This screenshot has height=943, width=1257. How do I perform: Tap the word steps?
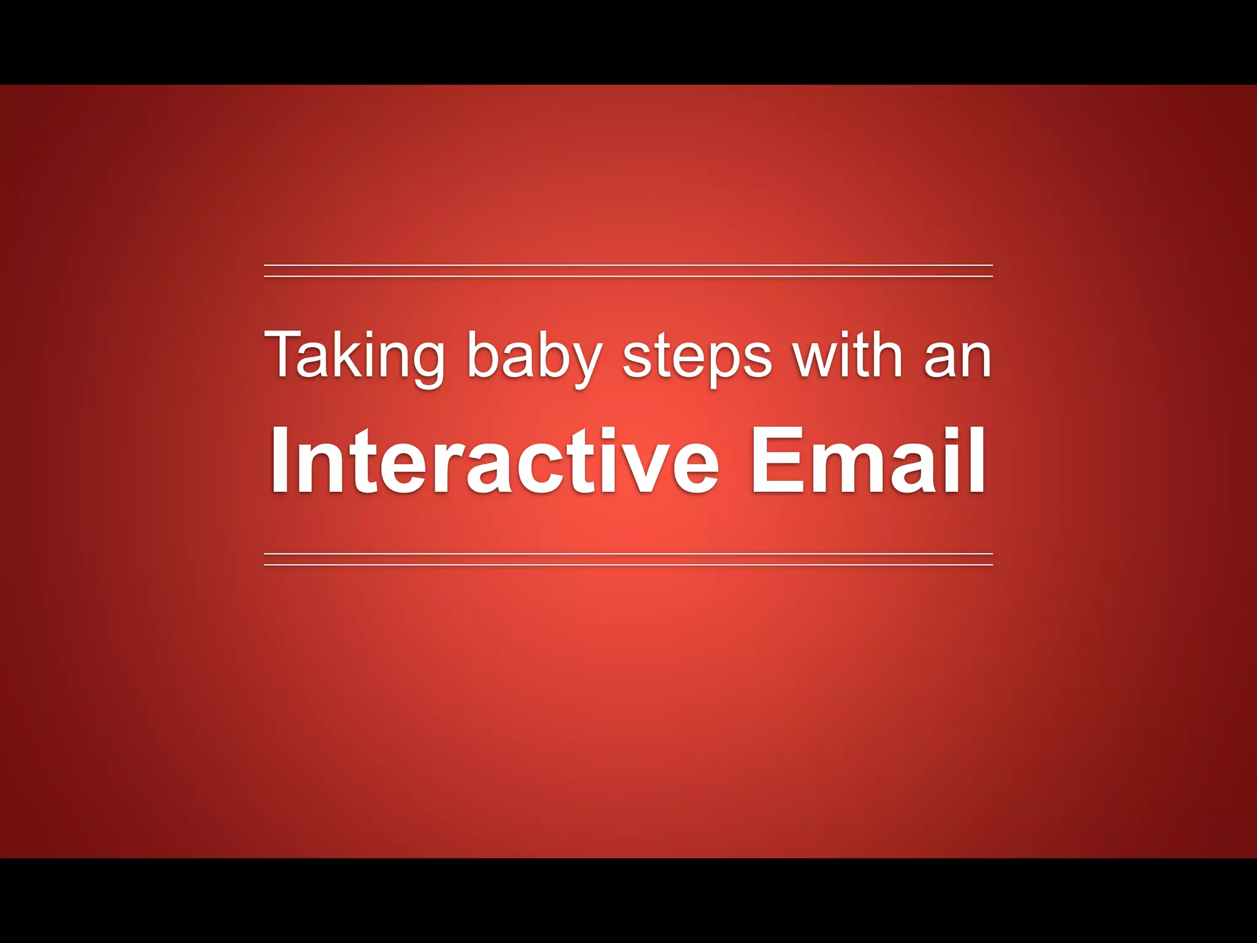point(697,359)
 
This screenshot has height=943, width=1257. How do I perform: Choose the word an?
point(957,359)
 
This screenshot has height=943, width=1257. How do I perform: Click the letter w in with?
point(814,359)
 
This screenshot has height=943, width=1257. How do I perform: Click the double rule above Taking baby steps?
point(628,271)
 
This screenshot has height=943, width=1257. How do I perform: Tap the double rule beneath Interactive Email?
point(628,559)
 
